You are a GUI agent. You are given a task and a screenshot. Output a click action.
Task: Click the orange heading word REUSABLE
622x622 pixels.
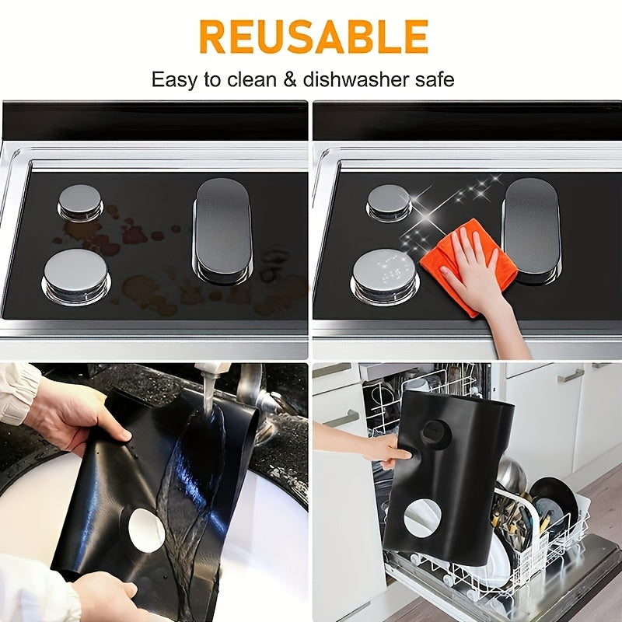tap(313, 36)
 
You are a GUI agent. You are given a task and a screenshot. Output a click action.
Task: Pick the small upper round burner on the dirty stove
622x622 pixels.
tap(80, 201)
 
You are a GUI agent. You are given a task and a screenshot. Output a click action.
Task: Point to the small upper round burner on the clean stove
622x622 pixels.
tap(389, 201)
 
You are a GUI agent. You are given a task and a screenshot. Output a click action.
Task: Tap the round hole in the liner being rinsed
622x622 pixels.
tap(146, 530)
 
